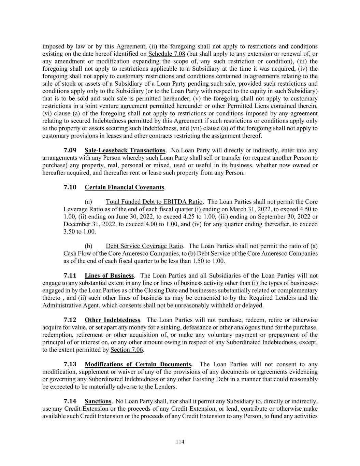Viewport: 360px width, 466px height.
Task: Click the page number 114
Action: [x=180, y=442]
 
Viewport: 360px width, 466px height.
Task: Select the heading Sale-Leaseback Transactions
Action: [x=125, y=150]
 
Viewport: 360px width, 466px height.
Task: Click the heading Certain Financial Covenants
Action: [x=124, y=187]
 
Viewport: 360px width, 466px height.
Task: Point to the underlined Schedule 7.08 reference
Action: [x=167, y=54]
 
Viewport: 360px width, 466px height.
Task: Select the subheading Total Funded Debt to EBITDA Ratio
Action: [x=154, y=202]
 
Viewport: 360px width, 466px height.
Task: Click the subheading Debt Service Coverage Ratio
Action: [x=144, y=246]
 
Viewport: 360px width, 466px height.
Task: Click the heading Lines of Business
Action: [x=109, y=276]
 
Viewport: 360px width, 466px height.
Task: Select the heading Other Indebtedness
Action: [x=112, y=320]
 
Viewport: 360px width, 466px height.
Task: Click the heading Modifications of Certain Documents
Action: [x=138, y=364]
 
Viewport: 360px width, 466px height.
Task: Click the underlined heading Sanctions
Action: [x=98, y=401]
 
